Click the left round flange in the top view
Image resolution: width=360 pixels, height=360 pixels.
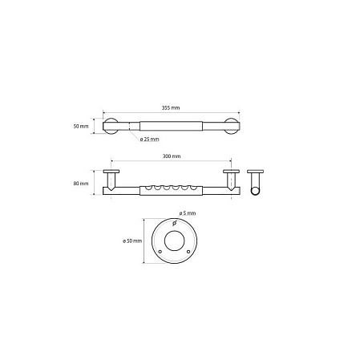pos(111,126)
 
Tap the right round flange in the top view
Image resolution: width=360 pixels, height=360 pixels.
pos(231,126)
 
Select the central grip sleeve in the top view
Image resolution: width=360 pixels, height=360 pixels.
pos(171,126)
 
